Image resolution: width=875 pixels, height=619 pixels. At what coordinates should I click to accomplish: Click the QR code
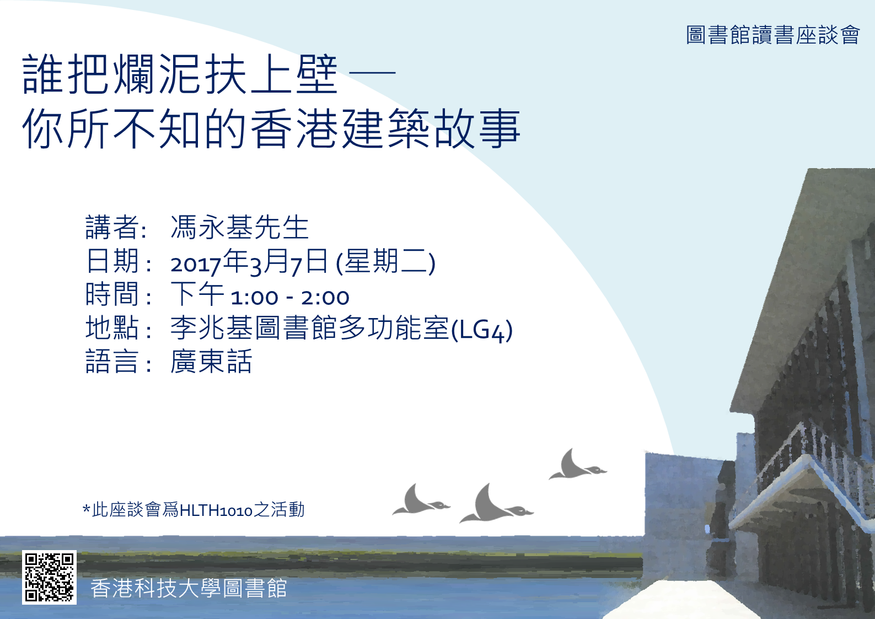pos(49,577)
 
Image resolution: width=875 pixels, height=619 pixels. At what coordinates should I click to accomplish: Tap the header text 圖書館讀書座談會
pos(773,35)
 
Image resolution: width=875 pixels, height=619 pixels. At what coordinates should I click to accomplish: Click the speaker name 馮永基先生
pos(240,227)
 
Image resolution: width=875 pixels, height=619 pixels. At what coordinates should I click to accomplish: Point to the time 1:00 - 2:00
pos(290,298)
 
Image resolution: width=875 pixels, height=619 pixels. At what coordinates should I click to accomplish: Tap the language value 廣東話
pos(211,361)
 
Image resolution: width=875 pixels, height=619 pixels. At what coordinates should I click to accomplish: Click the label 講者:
pos(116,227)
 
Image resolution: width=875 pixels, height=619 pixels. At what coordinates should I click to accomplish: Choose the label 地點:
pos(119,327)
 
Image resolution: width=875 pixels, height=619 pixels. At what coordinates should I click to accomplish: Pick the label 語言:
pos(119,361)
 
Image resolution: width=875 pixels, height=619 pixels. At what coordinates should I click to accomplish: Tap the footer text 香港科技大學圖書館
pos(189,588)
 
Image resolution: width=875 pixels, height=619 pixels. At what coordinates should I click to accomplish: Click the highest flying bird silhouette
pos(577,466)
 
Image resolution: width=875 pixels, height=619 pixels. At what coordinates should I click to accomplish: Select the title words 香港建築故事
pos(385,128)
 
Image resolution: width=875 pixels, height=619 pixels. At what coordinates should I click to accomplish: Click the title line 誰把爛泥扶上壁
pos(180,74)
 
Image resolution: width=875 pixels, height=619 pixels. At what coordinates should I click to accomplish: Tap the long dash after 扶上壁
pos(372,73)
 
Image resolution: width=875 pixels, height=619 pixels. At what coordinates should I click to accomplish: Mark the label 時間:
pos(119,294)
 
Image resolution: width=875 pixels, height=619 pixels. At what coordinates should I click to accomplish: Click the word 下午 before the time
pos(197,294)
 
